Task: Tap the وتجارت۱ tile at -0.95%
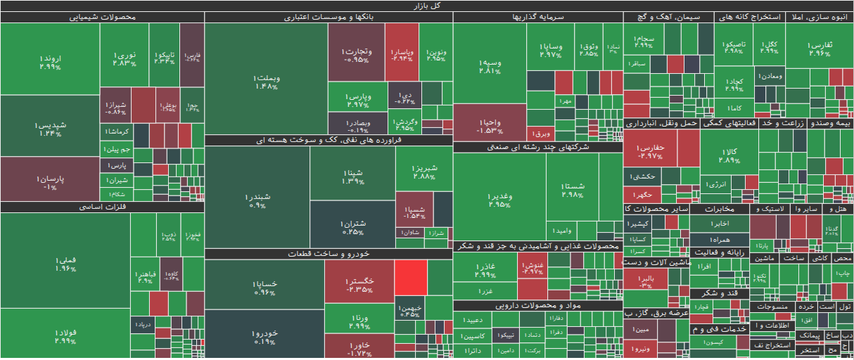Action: click(x=356, y=55)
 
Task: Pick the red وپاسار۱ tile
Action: click(x=402, y=53)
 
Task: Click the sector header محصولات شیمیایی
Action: click(x=103, y=18)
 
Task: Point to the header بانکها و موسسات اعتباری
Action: click(x=329, y=18)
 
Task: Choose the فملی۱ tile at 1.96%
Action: click(x=65, y=264)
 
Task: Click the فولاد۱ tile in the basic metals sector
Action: click(x=65, y=336)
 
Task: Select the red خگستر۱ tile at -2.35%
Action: click(x=359, y=285)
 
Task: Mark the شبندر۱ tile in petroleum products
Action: click(x=257, y=200)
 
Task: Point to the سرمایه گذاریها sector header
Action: click(x=537, y=18)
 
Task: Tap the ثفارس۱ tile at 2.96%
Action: click(x=820, y=48)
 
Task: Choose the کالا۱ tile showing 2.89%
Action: click(x=730, y=155)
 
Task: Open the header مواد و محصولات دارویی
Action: click(x=537, y=306)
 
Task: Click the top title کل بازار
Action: click(x=427, y=6)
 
